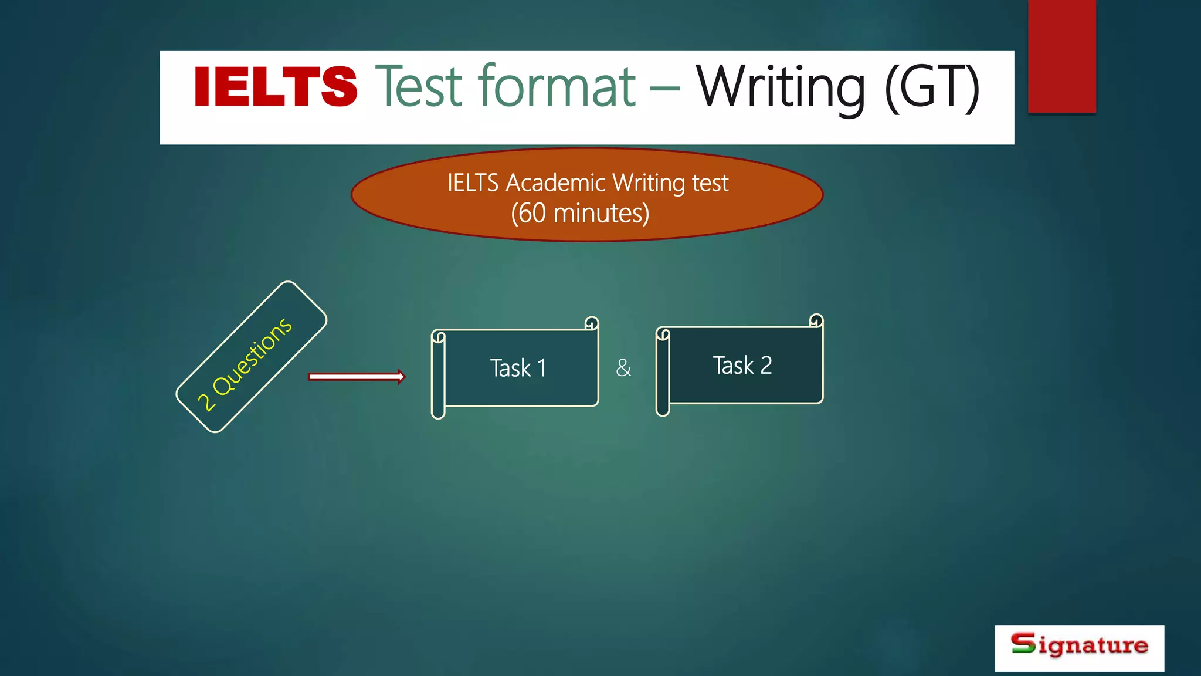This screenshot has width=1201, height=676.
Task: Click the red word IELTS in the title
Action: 275,87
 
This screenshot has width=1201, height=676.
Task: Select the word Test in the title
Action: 420,87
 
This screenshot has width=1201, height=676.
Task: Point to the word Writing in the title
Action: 780,88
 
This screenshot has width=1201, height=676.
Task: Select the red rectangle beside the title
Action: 1061,56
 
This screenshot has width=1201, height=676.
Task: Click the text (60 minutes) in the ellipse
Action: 580,213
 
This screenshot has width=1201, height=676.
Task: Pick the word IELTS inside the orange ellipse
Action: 473,182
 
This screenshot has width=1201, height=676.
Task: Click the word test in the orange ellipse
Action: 710,182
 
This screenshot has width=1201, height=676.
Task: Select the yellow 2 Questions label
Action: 245,364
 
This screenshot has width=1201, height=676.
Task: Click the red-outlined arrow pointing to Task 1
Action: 357,377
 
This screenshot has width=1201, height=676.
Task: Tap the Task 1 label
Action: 518,369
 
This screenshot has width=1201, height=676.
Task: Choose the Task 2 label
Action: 742,366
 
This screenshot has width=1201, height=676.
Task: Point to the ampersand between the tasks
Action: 624,369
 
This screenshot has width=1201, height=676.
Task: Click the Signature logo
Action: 1079,647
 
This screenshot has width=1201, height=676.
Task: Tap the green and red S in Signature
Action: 1023,643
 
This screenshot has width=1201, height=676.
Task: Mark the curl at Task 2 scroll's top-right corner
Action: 816,320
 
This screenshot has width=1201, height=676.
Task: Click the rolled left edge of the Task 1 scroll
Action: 438,376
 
